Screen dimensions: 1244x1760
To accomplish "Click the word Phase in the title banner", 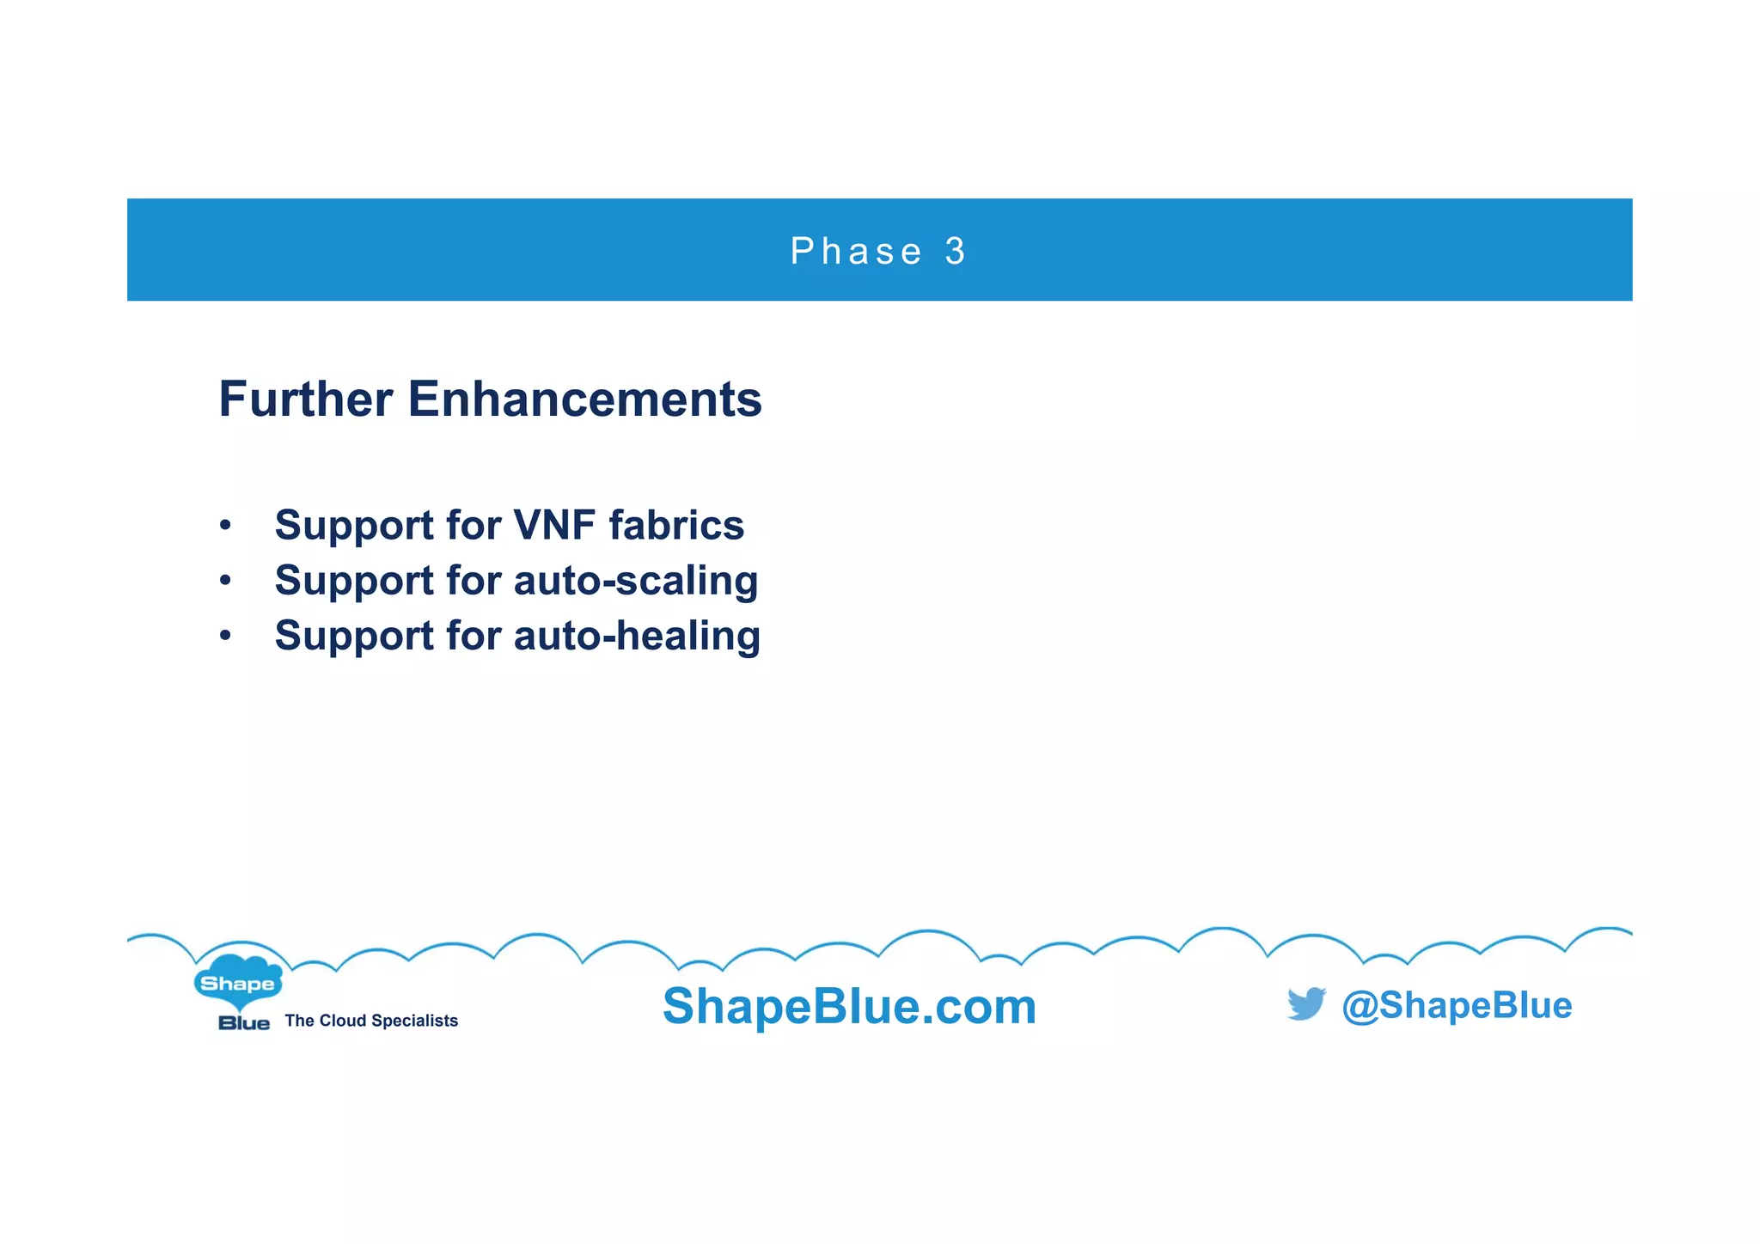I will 855,252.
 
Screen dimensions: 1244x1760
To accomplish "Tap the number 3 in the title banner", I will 955,252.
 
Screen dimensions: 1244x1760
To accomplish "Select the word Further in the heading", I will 306,399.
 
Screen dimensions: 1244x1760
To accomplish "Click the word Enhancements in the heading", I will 584,399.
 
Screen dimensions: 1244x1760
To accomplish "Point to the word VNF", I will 554,525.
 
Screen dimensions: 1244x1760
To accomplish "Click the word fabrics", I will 676,525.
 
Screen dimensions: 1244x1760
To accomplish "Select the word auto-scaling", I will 636,581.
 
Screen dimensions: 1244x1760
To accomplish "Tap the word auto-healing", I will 637,637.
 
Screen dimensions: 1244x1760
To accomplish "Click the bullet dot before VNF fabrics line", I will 225,525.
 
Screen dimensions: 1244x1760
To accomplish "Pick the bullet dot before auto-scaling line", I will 225,581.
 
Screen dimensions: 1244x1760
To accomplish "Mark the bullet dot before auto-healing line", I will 225,637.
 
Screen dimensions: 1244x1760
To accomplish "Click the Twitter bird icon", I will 1306,1003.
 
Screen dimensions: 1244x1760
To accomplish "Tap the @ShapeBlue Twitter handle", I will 1457,1005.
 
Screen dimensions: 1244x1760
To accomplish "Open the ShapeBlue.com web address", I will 849,1006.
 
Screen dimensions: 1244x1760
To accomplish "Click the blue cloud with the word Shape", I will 237,982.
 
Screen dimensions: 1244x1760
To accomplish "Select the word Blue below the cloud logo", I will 244,1022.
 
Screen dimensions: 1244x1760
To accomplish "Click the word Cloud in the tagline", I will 343,1021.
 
